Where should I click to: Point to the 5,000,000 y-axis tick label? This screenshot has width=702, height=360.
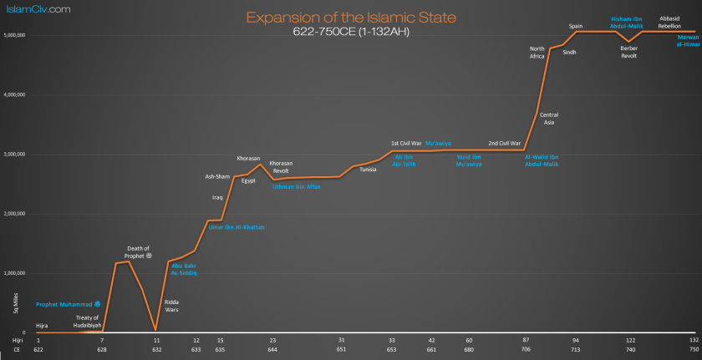tap(16, 35)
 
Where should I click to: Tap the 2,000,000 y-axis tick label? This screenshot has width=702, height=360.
tap(16, 214)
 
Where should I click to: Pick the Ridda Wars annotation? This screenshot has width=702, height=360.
tap(170, 306)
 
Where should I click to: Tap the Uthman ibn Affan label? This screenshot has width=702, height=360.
tap(297, 186)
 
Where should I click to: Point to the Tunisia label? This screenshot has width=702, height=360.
tap(368, 170)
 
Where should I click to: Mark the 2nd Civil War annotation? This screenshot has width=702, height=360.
tap(505, 144)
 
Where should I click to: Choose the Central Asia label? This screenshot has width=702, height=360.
tap(549, 119)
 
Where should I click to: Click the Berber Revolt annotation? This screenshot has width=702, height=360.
tap(628, 52)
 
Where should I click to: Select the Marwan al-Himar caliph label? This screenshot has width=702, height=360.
tap(689, 40)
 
